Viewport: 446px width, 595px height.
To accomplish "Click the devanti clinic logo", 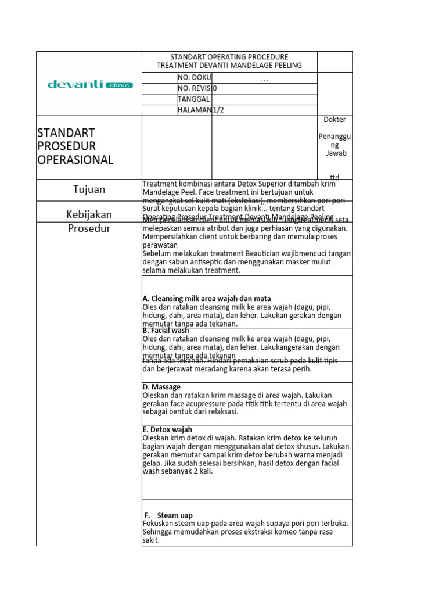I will click(x=89, y=85).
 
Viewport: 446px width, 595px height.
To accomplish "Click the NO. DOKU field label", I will click(x=195, y=78).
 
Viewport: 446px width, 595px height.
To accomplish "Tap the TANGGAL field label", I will click(x=193, y=99).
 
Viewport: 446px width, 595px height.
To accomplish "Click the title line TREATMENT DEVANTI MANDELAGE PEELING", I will click(x=229, y=66).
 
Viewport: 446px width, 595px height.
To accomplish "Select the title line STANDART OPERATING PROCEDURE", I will click(x=229, y=57).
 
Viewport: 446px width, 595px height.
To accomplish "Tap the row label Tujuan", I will click(x=89, y=189).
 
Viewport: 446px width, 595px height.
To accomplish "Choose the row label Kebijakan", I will click(x=89, y=214).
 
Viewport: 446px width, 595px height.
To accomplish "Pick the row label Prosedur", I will click(x=89, y=228).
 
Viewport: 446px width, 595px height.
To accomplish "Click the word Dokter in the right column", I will click(x=334, y=120).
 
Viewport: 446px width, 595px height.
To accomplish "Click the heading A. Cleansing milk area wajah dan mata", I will click(x=206, y=299).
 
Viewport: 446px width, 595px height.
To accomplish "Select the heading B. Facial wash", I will click(x=166, y=331).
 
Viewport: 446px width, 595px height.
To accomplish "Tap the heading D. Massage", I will click(x=161, y=387).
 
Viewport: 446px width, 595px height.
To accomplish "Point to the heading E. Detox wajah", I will click(x=167, y=429).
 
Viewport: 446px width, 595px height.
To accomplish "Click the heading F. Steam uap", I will click(x=168, y=515).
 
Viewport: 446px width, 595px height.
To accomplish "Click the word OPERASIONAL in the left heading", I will click(x=75, y=160).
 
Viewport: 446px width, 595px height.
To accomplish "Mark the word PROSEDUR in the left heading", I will click(x=66, y=146).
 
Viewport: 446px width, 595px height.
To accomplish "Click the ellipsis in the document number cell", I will click(x=264, y=78).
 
